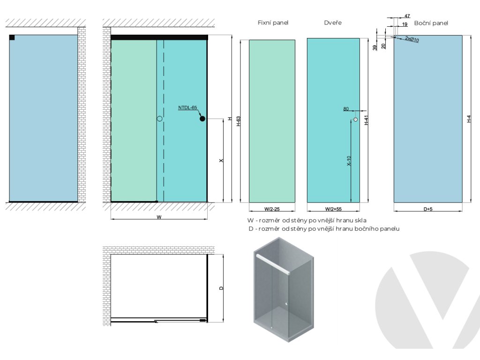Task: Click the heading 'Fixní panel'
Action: click(273, 22)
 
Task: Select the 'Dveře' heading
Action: click(332, 22)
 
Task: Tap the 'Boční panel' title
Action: click(431, 22)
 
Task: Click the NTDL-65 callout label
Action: click(187, 108)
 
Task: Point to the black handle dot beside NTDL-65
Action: click(202, 119)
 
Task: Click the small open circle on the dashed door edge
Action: click(159, 119)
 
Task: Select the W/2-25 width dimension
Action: click(272, 210)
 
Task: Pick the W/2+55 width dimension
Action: click(333, 210)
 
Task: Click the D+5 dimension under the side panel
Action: click(427, 210)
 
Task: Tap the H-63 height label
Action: click(238, 121)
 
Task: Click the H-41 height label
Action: click(367, 120)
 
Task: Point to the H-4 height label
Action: click(469, 120)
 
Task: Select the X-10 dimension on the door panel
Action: click(349, 161)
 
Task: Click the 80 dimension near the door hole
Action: click(346, 109)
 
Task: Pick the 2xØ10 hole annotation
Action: click(412, 39)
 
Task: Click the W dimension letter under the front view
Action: click(159, 217)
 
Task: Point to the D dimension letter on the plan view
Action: click(221, 288)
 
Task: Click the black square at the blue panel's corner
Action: click(12, 37)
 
